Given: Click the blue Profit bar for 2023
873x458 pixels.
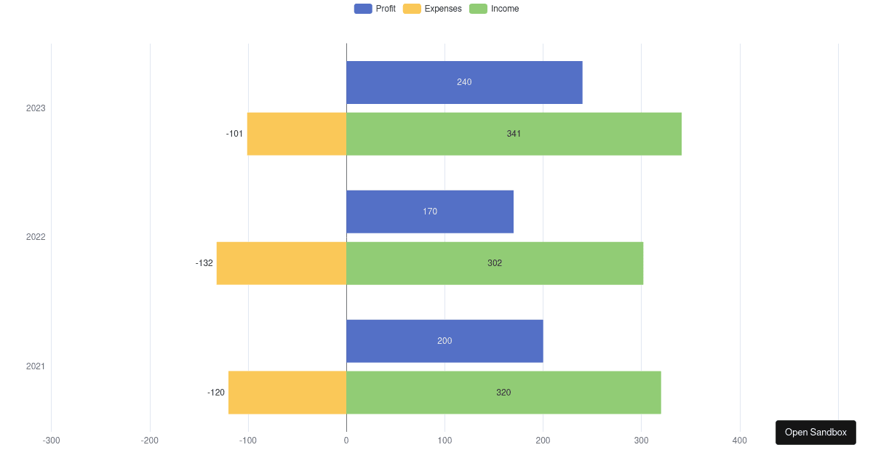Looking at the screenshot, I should coord(464,82).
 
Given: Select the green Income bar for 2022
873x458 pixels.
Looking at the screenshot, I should coord(495,263).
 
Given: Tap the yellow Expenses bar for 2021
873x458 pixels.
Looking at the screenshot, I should coord(287,393).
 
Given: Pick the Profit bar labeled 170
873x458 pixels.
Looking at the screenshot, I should coord(430,212).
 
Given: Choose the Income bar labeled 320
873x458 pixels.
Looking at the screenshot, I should coord(503,393).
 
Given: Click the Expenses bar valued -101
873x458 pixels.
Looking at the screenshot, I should coord(297,134).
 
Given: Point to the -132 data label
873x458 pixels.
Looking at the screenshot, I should coord(204,263).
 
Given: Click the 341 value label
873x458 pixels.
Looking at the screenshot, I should coord(514,134).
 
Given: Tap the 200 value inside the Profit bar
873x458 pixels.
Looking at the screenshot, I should coord(445,341).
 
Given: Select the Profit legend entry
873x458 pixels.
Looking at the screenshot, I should coord(375,9).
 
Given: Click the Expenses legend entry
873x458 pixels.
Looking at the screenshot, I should coord(432,9).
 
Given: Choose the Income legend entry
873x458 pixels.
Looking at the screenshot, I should coord(495,9).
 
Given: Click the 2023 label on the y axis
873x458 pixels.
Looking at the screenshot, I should coord(36,108).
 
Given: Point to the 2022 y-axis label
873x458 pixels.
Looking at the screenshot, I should coord(36,237).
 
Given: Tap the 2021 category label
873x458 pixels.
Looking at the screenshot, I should coord(36,366).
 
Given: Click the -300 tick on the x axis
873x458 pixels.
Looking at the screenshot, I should coord(51,441).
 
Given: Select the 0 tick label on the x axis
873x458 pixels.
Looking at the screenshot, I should coord(346,441).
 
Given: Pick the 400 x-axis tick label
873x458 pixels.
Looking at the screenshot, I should coord(739,441).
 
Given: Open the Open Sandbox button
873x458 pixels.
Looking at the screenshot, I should coord(816,433).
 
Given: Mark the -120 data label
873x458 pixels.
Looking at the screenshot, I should coord(216,393).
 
